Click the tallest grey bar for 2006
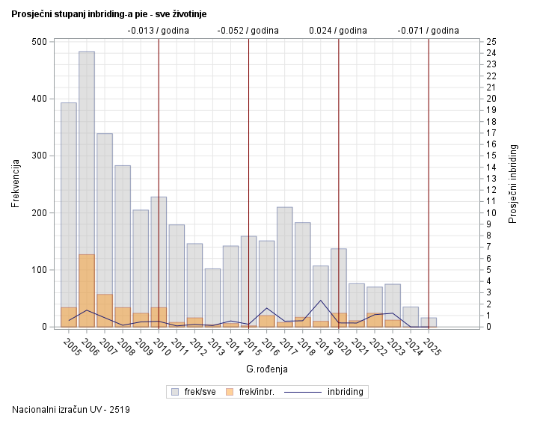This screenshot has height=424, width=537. (87, 150)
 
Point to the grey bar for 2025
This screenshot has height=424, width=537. (429, 321)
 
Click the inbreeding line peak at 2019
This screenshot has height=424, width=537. (321, 301)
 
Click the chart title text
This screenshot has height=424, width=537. (109, 14)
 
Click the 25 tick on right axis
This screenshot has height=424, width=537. (491, 42)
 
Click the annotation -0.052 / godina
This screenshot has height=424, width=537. (248, 31)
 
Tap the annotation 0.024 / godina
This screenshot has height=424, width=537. (338, 31)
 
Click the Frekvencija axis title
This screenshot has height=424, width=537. (16, 184)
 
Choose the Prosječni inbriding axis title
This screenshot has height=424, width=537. (513, 184)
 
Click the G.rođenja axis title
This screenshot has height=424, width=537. (266, 369)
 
